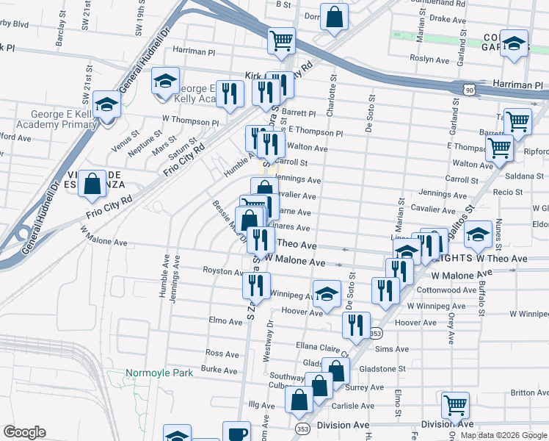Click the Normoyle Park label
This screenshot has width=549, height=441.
[x=159, y=373]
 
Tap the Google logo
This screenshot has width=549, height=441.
[x=25, y=432]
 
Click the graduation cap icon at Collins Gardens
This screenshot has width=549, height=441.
[x=515, y=43]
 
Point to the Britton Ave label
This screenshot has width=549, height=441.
[x=529, y=392]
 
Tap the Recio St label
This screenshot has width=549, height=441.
[x=508, y=193]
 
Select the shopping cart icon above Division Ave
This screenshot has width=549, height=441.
[x=455, y=405]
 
